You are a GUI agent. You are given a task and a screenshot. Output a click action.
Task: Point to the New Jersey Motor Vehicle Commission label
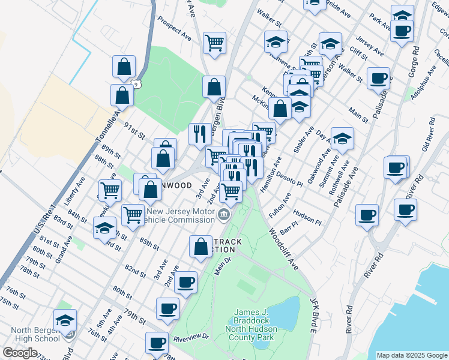[180, 215]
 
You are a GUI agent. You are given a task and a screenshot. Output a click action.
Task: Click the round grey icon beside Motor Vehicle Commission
[224, 214]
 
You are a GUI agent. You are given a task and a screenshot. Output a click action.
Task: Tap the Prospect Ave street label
[174, 28]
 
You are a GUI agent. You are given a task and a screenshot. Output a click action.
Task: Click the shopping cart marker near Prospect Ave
[214, 42]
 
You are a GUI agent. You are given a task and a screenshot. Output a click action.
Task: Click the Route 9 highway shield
[137, 84]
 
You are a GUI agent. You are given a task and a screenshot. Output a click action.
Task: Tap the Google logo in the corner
[20, 352]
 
